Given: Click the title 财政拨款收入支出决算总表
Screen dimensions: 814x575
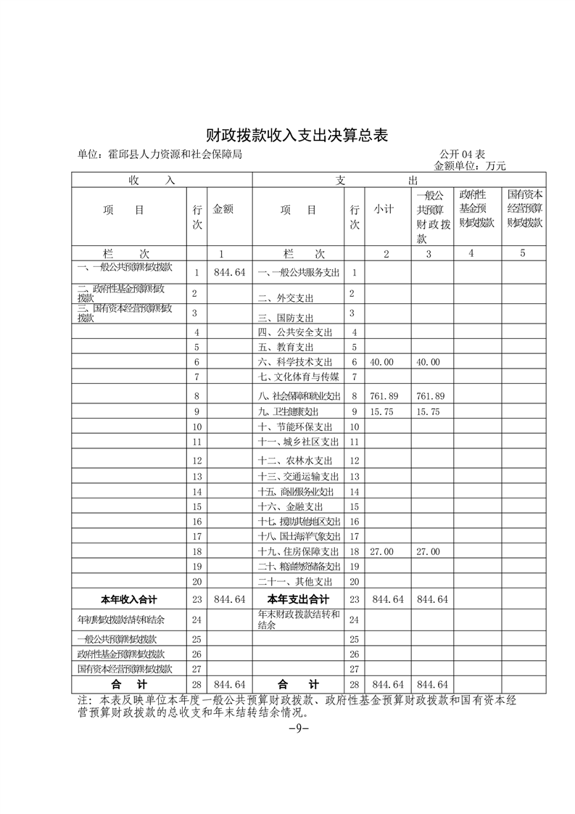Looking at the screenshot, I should pyautogui.click(x=287, y=136).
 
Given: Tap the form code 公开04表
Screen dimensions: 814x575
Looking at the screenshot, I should pyautogui.click(x=462, y=155).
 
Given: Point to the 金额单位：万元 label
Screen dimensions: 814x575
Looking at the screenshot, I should pyautogui.click(x=469, y=165).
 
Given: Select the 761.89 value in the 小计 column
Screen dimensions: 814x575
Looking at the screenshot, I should pyautogui.click(x=381, y=396).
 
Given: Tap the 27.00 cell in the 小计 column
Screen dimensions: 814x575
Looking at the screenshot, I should pyautogui.click(x=381, y=552).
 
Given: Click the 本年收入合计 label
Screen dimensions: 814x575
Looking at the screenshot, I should pyautogui.click(x=128, y=600).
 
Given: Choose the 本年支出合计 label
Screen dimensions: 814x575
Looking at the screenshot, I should pyautogui.click(x=298, y=600).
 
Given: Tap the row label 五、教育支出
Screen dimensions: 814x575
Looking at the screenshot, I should pyautogui.click(x=289, y=348).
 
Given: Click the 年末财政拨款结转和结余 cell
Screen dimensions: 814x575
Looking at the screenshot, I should pyautogui.click(x=298, y=620).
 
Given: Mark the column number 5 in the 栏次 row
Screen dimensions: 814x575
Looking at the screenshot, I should pyautogui.click(x=522, y=253).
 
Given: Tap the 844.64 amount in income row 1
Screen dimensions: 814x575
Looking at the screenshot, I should pyautogui.click(x=230, y=272).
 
